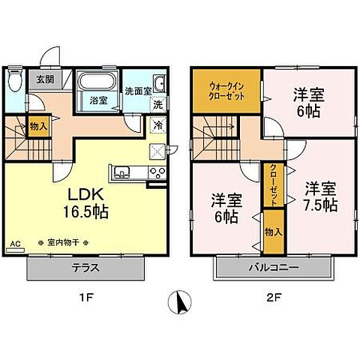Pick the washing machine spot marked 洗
click(x=158, y=105)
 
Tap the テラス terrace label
click(x=88, y=268)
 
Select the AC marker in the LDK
click(x=15, y=243)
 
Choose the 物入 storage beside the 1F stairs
click(x=39, y=127)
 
